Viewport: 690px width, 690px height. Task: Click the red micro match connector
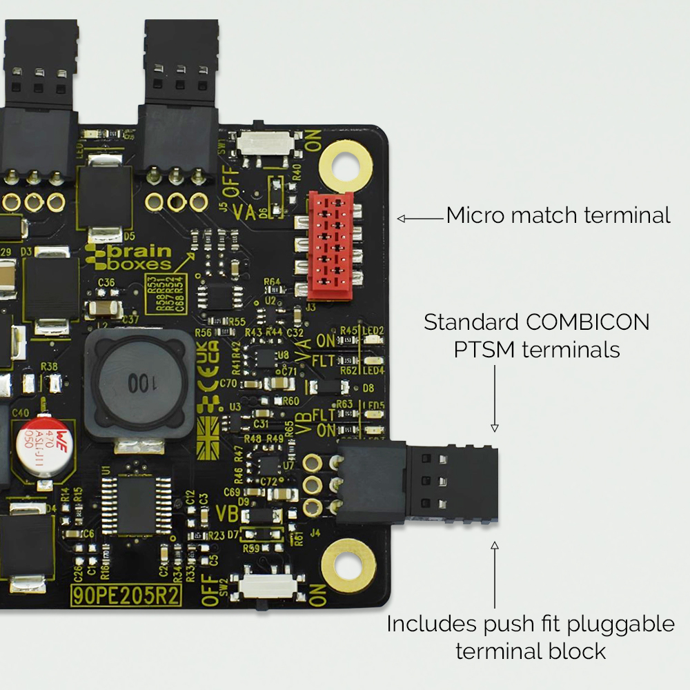tap(330, 246)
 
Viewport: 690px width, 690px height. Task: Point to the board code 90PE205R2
tap(126, 595)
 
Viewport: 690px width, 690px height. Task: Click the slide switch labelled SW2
tap(268, 586)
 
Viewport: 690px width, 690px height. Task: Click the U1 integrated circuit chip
tap(136, 504)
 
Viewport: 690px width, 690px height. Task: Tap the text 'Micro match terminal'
tap(558, 215)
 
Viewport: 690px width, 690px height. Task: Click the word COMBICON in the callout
tap(587, 323)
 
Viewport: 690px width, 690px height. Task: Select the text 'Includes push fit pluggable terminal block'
tap(530, 637)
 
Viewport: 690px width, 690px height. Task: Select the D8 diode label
tap(368, 388)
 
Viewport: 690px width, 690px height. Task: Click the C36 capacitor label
tap(106, 282)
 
